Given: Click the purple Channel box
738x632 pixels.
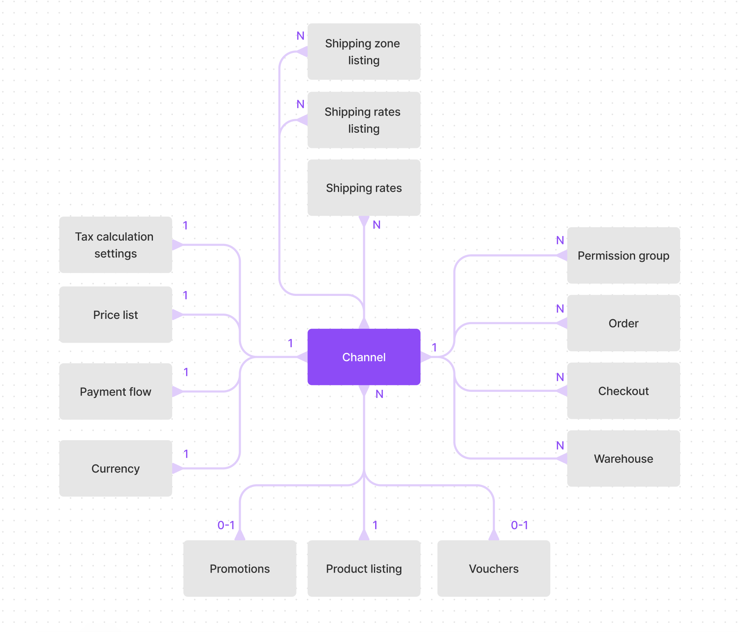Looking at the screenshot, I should pyautogui.click(x=364, y=357).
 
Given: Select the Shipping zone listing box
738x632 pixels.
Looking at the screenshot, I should pyautogui.click(x=364, y=52).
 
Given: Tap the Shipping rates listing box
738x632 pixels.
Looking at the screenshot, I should pyautogui.click(x=364, y=120).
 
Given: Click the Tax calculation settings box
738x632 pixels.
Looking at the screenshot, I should pyautogui.click(x=115, y=245).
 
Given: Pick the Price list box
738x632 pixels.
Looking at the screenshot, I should pyautogui.click(x=115, y=315).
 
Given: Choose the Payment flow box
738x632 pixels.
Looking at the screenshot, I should pyautogui.click(x=115, y=391).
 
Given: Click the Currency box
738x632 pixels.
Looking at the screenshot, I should pyautogui.click(x=115, y=468).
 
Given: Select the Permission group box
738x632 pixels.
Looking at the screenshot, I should pyautogui.click(x=623, y=255).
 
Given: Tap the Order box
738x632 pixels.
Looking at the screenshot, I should pyautogui.click(x=623, y=323).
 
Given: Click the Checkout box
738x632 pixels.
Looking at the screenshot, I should pyautogui.click(x=623, y=391).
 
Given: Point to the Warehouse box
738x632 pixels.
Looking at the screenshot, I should pyautogui.click(x=623, y=458).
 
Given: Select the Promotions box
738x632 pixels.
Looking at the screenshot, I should pyautogui.click(x=239, y=568).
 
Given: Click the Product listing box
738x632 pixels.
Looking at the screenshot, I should pyautogui.click(x=364, y=568).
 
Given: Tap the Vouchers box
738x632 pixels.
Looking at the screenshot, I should pyautogui.click(x=494, y=568).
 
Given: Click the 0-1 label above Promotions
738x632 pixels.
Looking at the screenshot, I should pyautogui.click(x=226, y=525).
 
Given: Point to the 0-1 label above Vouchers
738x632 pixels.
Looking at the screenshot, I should pyautogui.click(x=519, y=525).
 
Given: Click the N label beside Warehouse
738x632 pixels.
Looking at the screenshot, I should pyautogui.click(x=560, y=446).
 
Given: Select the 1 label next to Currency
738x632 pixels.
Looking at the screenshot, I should pyautogui.click(x=186, y=454).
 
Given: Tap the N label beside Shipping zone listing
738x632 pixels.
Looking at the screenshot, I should pyautogui.click(x=301, y=36).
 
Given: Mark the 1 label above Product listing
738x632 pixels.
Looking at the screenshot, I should pyautogui.click(x=375, y=525).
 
